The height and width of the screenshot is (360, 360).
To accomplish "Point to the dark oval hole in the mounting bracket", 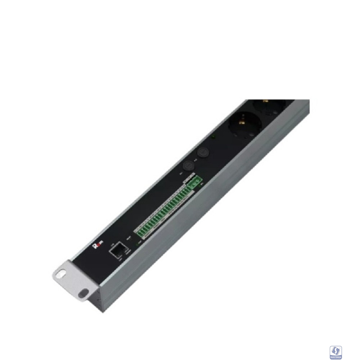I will point(84,293).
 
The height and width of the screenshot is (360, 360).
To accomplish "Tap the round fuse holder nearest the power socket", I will point(203,152).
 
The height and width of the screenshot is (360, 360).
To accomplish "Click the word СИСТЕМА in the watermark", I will point(336,357).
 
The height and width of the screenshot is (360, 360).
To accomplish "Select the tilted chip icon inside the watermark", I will point(336,350).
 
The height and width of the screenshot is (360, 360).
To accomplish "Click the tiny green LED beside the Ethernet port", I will point(137,243).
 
